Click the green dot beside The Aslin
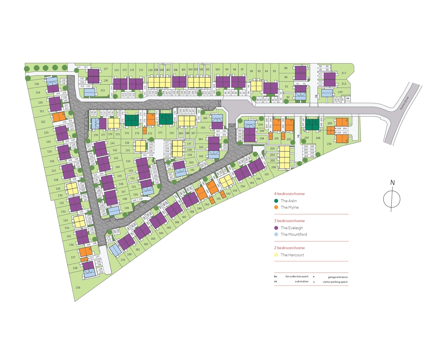276,201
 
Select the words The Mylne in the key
290,208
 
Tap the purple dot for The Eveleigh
276,228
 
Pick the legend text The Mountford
294,235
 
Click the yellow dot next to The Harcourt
276,255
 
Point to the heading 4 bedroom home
289,194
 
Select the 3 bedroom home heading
289,221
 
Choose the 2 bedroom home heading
289,248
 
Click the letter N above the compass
393,183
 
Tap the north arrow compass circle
392,200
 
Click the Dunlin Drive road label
404,103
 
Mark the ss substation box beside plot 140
348,99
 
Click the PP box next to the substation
343,99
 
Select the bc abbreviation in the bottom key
276,277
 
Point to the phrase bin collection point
297,277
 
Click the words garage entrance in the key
337,277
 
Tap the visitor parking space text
335,282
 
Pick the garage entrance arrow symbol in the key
314,277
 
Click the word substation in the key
302,282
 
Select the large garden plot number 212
344,84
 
